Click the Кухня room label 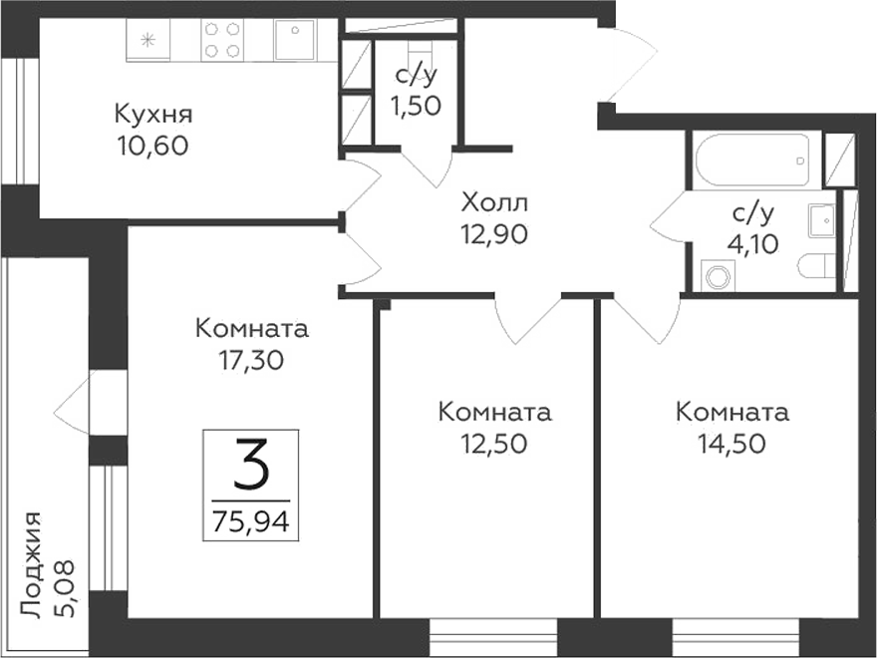[x=152, y=113]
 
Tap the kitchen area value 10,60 [x=152, y=146]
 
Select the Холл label [x=494, y=203]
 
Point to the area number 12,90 [x=494, y=235]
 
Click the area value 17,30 [x=252, y=361]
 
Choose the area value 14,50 [x=731, y=443]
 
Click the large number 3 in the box [x=251, y=465]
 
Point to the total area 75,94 [x=251, y=519]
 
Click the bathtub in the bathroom [x=756, y=160]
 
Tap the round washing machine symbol [x=718, y=275]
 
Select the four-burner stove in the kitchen [x=222, y=40]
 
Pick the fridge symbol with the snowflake [x=148, y=41]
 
